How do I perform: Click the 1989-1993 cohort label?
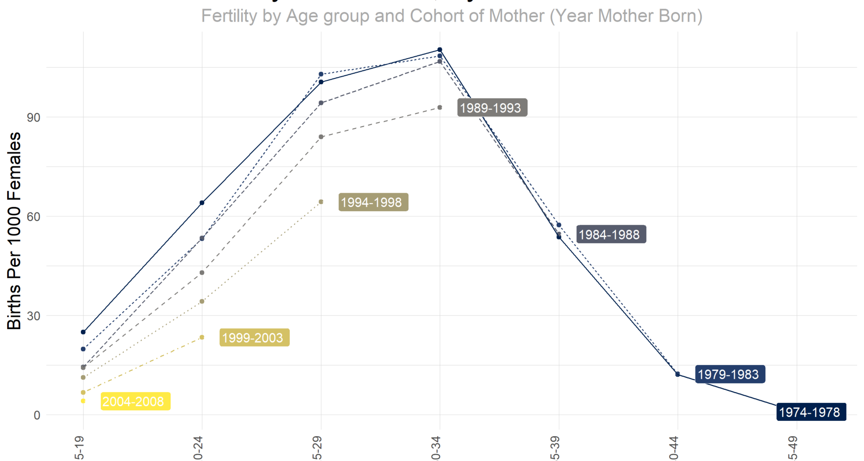pos(492,108)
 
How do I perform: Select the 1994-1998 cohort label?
pos(373,203)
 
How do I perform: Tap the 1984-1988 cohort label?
pos(611,235)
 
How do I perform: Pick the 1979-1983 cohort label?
pos(730,375)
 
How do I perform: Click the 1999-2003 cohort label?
pos(254,338)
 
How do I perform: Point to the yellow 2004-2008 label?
pos(135,402)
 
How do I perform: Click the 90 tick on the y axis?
pos(34,118)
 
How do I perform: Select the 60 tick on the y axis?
pos(34,217)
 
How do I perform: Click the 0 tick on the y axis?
pos(37,416)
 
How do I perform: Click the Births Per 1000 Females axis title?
pos(14,230)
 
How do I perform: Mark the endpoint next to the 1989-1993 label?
pos(440,108)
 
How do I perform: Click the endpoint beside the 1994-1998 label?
pos(321,202)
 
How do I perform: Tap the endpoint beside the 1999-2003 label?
pos(202,337)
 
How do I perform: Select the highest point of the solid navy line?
pos(440,50)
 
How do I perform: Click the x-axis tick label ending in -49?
pos(793,448)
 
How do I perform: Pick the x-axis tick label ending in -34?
pos(436,448)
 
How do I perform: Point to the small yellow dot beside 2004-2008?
pos(83,401)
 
